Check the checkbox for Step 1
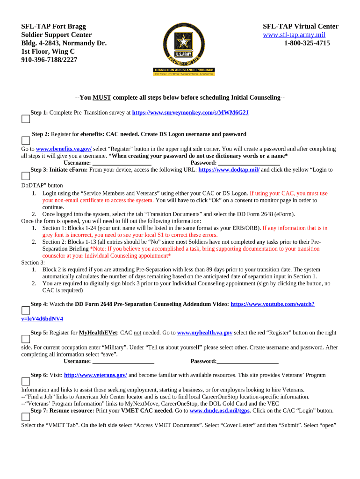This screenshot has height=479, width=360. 26,119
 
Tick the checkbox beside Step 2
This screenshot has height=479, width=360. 26,140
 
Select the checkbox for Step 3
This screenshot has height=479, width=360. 26,176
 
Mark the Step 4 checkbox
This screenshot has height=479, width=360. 26,310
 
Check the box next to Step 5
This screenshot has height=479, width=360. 26,339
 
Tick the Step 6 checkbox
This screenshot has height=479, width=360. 26,381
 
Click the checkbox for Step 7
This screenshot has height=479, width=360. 26,417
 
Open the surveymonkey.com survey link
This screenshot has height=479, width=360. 190,113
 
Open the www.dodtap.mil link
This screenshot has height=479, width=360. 229,170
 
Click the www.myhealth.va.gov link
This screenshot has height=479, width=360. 205,333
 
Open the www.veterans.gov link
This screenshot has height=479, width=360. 95,375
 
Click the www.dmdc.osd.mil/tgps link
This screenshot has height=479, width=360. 220,411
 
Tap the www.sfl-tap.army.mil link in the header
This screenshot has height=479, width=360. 294,35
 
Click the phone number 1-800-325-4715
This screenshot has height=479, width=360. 307,44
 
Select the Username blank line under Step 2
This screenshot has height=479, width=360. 122,163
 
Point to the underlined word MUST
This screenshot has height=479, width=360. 101,98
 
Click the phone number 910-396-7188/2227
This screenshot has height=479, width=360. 49,60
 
